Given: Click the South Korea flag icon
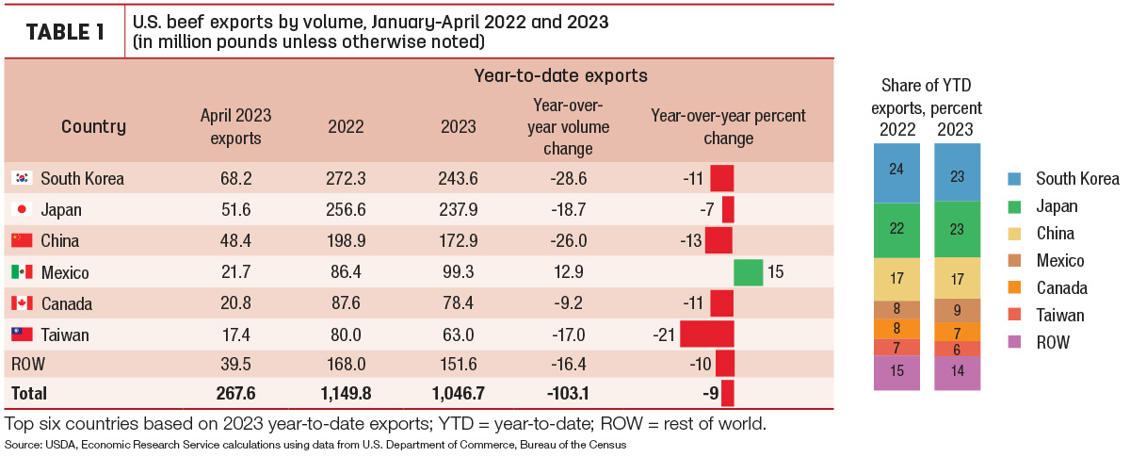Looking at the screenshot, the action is click(x=22, y=178).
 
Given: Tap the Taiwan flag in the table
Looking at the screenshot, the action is click(x=22, y=334).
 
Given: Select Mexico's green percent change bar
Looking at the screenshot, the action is click(x=748, y=272).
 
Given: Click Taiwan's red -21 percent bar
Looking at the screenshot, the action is click(x=707, y=334).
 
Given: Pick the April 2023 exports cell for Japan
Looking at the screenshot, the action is click(x=235, y=209).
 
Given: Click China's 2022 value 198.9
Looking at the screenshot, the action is click(x=346, y=241).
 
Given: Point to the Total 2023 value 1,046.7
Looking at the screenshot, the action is click(x=458, y=393).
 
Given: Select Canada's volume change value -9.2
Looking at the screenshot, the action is click(x=568, y=303).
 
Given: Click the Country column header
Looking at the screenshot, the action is click(x=93, y=126).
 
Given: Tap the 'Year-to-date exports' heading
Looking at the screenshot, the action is click(x=560, y=75).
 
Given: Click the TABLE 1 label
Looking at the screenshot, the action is click(x=65, y=32).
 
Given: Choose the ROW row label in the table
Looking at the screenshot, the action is click(x=28, y=364).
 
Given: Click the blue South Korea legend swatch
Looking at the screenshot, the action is click(x=1014, y=179).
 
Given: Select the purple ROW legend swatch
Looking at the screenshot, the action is click(x=1014, y=342).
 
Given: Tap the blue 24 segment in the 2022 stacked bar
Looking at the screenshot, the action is click(x=896, y=173).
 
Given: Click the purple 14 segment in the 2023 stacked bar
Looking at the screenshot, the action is click(x=957, y=373).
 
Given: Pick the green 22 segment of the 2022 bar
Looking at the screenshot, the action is click(x=896, y=230).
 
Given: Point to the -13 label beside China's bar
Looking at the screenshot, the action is click(x=690, y=241).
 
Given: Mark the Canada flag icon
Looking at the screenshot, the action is click(x=22, y=303).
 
